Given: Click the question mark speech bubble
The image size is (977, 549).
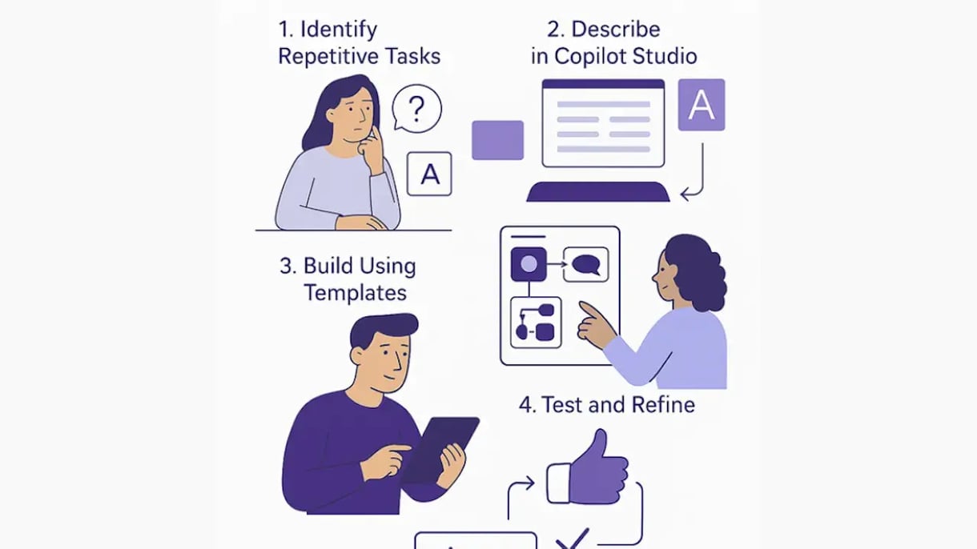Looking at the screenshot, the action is point(416,108).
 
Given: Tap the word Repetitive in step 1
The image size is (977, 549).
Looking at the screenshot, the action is point(322,57).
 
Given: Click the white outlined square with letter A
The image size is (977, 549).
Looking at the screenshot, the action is point(429,174).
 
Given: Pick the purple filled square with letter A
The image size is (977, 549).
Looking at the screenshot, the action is point(702,105).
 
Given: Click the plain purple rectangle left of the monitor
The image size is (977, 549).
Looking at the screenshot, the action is point(497,140).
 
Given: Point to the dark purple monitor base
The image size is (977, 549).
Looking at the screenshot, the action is point(598,192).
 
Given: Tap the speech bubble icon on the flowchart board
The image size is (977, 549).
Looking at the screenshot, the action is point(585,264).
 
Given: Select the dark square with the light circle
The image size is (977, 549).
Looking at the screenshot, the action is point(529,264).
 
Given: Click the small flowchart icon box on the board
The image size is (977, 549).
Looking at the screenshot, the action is point(536,323).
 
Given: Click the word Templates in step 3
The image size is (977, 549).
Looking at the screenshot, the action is point(356,292).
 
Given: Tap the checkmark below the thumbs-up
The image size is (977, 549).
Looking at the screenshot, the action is point(573,539).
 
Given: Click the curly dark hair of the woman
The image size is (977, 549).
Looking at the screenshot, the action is point(698,271).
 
